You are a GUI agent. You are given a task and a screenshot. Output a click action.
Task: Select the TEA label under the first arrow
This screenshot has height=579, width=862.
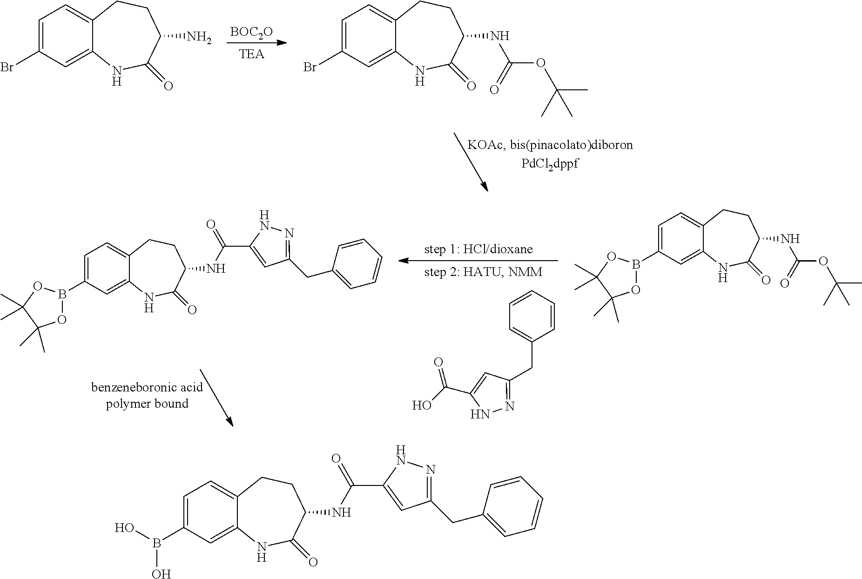click(x=251, y=54)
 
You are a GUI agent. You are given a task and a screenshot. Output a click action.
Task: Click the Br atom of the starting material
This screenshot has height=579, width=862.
click(x=7, y=68)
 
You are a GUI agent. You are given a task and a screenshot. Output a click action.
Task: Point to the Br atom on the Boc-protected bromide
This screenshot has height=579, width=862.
click(x=310, y=68)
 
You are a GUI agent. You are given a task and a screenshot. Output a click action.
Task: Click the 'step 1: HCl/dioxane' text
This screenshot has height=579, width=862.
click(x=478, y=249)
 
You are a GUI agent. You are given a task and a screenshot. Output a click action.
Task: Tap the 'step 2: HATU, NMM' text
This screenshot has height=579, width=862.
click(x=483, y=272)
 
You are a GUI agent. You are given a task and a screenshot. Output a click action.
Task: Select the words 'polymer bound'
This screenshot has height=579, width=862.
click(x=147, y=404)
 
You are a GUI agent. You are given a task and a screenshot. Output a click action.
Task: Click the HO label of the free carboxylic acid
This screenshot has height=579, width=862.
click(x=422, y=405)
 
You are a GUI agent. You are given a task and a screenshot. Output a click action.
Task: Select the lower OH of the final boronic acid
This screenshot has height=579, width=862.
click(x=161, y=573)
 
